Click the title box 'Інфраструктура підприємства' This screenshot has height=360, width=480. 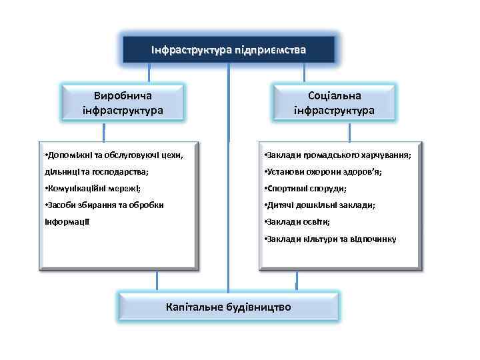click(228, 50)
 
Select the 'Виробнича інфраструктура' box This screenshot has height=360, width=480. click(123, 102)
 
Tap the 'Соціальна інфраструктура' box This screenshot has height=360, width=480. click(334, 102)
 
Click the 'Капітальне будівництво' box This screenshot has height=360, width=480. click(228, 307)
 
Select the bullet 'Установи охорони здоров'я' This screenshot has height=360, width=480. click(323, 172)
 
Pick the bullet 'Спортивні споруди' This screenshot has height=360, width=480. click(305, 189)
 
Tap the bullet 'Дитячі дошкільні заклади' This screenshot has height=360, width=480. click(319, 205)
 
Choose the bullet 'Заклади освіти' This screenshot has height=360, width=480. click(297, 221)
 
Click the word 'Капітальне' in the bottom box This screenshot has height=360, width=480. click(193, 307)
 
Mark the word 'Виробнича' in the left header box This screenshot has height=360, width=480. click(123, 95)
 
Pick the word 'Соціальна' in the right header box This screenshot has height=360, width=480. click(334, 95)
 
